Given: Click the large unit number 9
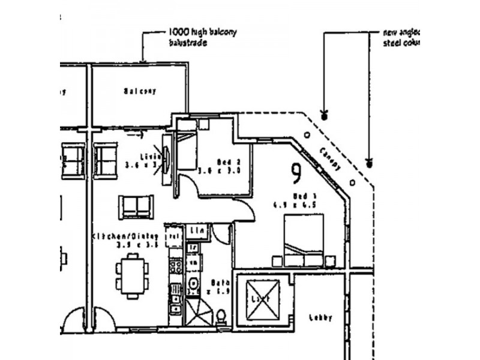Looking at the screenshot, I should [x=296, y=174].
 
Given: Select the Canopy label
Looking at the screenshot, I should [x=329, y=158].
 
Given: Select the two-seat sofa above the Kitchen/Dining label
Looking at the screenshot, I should [x=137, y=206].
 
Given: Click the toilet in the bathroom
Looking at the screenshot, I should [x=221, y=315].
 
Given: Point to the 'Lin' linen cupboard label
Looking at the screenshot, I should [x=196, y=230].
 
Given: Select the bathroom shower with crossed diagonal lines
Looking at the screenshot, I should [x=197, y=312].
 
